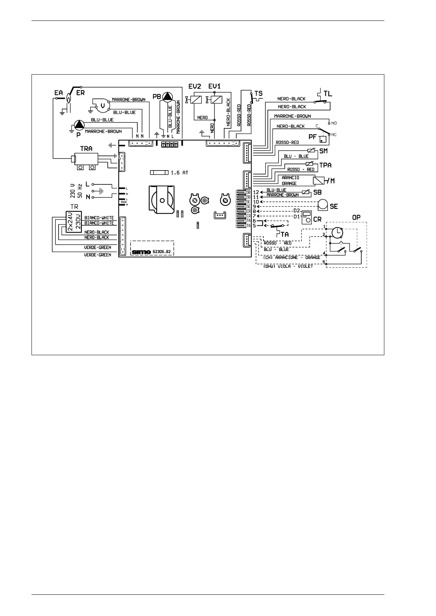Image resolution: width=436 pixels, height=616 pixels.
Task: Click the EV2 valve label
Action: click(195, 87)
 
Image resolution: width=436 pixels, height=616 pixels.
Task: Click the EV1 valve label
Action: click(215, 87)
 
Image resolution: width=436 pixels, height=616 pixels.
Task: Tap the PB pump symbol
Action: click(167, 97)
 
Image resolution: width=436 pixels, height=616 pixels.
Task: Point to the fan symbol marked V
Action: click(103, 105)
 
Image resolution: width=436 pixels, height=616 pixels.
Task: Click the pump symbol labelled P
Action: click(79, 125)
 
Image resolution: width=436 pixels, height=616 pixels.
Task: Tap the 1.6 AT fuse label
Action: click(180, 173)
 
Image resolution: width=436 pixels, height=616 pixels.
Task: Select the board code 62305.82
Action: click(162, 252)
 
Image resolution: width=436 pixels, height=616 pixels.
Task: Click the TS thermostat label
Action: click(258, 94)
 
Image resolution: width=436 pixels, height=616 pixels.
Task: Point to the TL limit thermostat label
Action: click(328, 94)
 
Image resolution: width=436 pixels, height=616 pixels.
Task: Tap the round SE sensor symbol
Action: click(323, 205)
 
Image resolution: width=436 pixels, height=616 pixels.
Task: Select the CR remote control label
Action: click(317, 219)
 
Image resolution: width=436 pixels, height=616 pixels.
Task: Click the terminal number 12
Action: click(256, 192)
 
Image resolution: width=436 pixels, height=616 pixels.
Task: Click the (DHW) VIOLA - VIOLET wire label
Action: click(288, 267)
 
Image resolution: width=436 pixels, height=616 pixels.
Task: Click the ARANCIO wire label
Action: click(290, 178)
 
